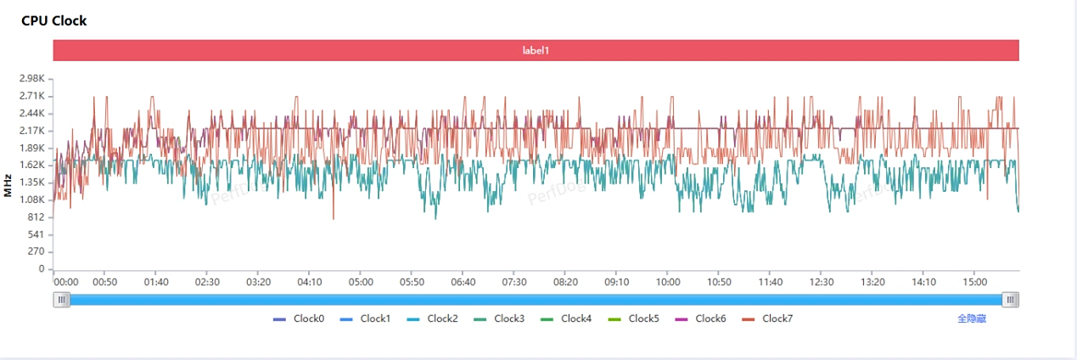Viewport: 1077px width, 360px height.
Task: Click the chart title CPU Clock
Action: [x=53, y=20]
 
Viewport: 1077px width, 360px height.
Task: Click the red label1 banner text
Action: [x=536, y=50]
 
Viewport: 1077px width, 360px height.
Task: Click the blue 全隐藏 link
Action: [x=972, y=319]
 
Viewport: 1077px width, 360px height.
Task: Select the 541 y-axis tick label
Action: [x=35, y=234]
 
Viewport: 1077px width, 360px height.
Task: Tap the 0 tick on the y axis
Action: [x=41, y=269]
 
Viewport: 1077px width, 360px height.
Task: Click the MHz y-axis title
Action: [x=8, y=185]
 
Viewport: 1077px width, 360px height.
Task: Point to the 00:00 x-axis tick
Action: [x=66, y=282]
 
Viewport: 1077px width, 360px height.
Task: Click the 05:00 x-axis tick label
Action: [x=361, y=282]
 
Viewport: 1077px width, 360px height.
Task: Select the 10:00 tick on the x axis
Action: [x=668, y=282]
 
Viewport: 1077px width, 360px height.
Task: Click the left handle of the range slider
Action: [x=61, y=300]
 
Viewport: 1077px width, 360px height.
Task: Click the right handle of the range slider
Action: [x=1010, y=300]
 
